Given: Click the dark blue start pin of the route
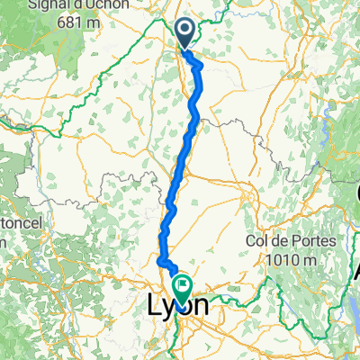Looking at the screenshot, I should (x=184, y=35).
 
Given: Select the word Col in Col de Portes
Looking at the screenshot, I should (x=258, y=242).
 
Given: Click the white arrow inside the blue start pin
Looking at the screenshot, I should (x=184, y=31).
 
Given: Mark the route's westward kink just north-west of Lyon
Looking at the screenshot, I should (x=160, y=262).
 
